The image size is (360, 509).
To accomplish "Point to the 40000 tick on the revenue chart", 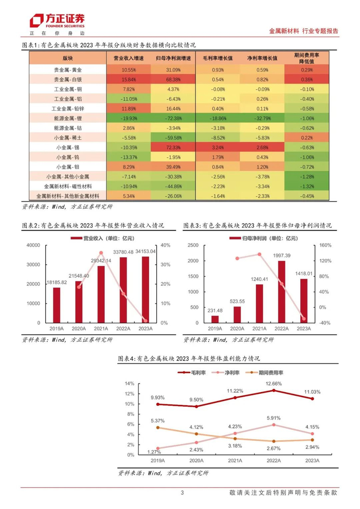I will (x=32, y=245).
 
